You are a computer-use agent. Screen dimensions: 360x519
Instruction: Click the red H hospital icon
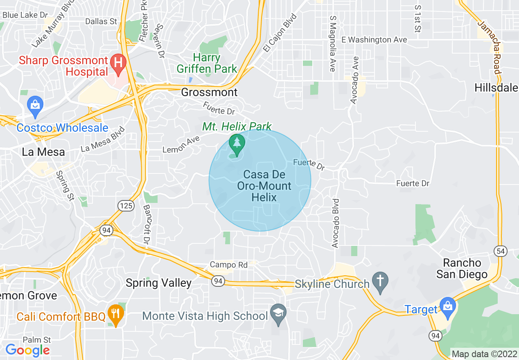(118, 63)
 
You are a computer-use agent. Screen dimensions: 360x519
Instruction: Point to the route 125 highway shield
(126, 205)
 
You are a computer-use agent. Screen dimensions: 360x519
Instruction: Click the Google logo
(28, 350)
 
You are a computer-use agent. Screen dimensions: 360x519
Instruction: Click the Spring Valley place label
(158, 283)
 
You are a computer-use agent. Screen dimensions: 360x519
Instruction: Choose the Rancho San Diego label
(462, 268)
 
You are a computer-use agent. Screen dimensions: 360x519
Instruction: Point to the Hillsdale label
(496, 88)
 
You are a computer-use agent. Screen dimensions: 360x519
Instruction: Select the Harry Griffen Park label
(207, 63)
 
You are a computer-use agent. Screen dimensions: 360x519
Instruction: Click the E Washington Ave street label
(374, 40)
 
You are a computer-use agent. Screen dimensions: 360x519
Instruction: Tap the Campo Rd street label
(228, 265)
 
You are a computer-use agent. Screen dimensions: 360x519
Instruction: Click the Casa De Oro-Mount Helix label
(264, 186)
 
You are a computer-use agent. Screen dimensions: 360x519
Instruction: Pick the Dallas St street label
(101, 21)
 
